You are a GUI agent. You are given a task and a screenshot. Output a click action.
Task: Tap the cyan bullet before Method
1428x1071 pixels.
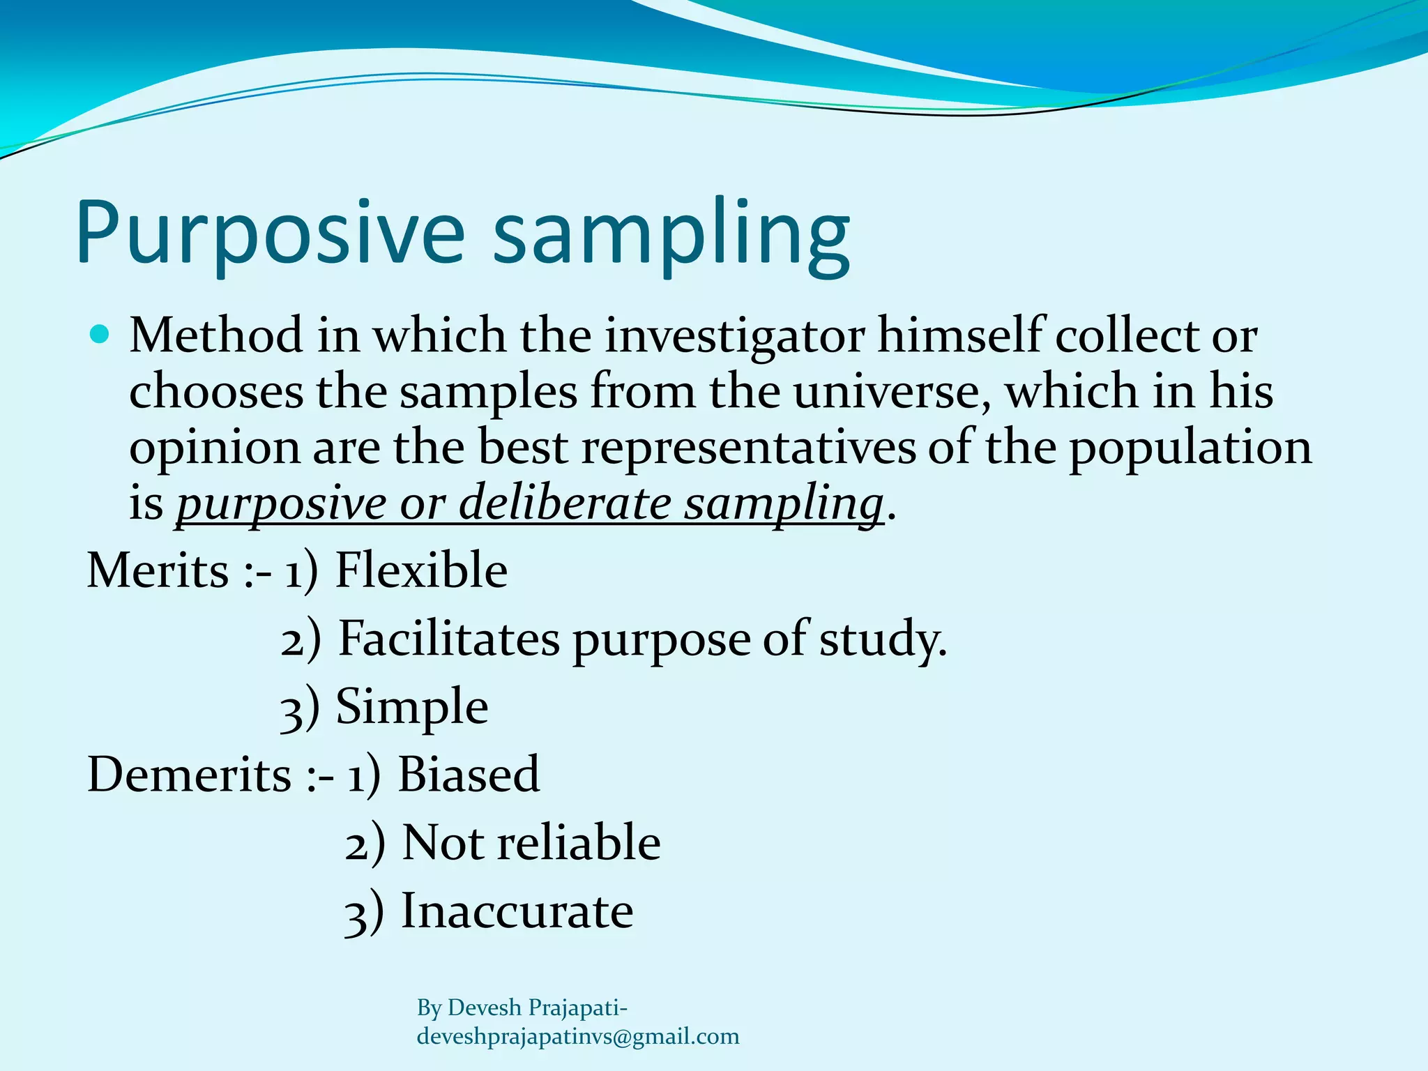tap(100, 335)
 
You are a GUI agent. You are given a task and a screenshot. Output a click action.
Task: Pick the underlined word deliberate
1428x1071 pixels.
tap(564, 503)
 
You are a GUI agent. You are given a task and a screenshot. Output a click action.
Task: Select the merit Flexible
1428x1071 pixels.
tap(421, 571)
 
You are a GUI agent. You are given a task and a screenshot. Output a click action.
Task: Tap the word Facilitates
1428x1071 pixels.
tap(449, 639)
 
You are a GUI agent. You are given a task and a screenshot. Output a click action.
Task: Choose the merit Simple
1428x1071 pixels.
tap(412, 707)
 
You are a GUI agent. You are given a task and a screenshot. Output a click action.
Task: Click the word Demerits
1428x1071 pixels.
tap(189, 775)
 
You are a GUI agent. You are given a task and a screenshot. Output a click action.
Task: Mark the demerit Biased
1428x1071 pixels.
tap(469, 775)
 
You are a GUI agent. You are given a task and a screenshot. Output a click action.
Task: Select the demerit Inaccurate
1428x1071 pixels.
tap(517, 911)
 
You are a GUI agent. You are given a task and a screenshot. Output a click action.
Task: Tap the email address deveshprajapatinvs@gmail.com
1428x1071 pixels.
tap(578, 1037)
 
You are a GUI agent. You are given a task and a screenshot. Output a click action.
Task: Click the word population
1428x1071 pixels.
tap(1190, 448)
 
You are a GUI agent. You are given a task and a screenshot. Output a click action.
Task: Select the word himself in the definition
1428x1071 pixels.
tap(962, 337)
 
